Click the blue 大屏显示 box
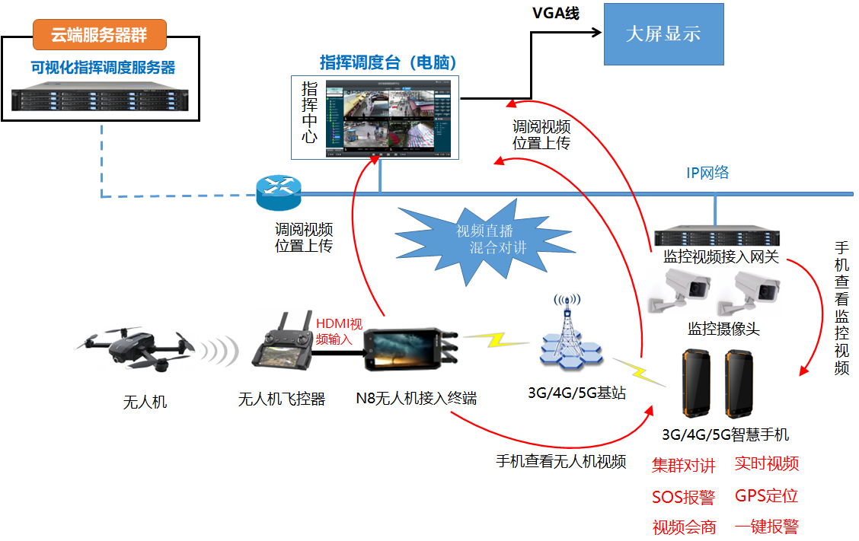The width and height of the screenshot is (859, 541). pyautogui.click(x=663, y=34)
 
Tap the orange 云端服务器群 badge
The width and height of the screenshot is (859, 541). pyautogui.click(x=99, y=35)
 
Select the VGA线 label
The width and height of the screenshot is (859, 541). pyautogui.click(x=555, y=14)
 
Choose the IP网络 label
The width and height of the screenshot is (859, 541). pyautogui.click(x=707, y=173)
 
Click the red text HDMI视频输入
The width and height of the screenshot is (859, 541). pyautogui.click(x=338, y=331)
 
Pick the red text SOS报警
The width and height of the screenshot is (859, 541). pyautogui.click(x=683, y=498)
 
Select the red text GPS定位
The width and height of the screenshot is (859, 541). pyautogui.click(x=766, y=496)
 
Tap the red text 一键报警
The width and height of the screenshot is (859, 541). pyautogui.click(x=766, y=527)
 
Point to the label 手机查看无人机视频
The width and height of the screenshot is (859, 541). pyautogui.click(x=560, y=460)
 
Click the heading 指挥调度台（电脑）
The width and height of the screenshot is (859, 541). pyautogui.click(x=388, y=63)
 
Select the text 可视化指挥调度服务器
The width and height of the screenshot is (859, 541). pyautogui.click(x=103, y=68)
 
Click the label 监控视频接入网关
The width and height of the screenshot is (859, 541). pyautogui.click(x=721, y=257)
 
